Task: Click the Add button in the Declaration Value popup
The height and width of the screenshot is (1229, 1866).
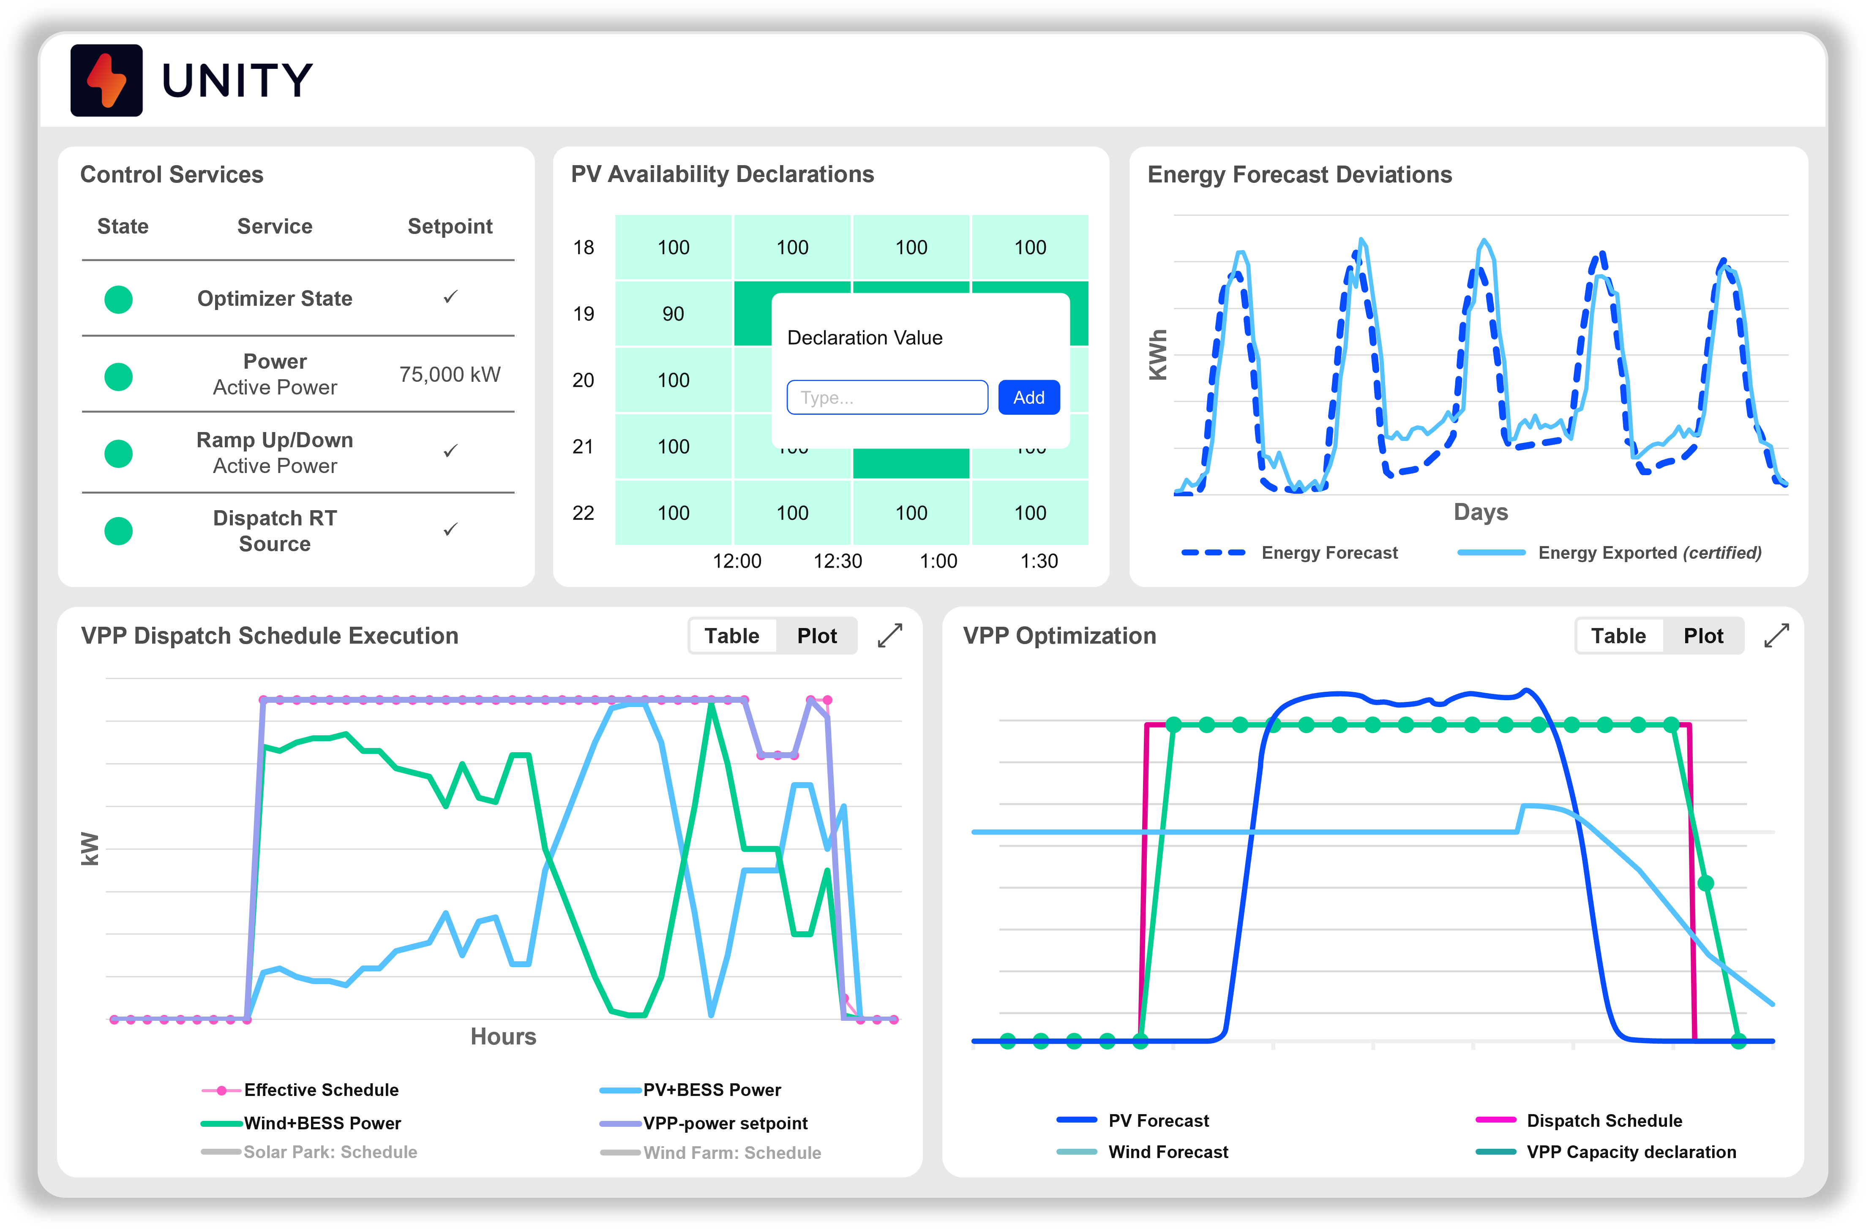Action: [x=1028, y=397]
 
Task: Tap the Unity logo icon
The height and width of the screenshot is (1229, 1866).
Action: [x=106, y=81]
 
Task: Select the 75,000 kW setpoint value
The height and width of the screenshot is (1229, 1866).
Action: [x=449, y=375]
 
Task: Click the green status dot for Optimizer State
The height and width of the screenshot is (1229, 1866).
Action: [x=118, y=299]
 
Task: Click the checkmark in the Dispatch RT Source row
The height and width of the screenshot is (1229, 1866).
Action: [x=450, y=530]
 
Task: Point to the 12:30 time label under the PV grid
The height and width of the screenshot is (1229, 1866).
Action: [x=838, y=561]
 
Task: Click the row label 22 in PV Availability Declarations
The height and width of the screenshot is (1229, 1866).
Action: [x=583, y=514]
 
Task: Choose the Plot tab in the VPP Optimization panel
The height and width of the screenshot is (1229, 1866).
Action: [x=1703, y=636]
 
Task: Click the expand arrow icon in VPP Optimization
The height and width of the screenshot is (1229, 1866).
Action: [x=1776, y=636]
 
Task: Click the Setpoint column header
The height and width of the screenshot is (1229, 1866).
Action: [x=449, y=226]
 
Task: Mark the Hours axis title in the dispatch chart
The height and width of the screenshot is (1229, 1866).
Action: [x=502, y=1037]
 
